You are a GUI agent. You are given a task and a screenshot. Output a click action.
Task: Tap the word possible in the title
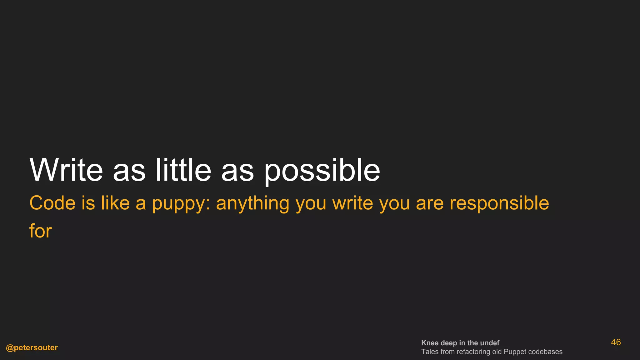pos(322,170)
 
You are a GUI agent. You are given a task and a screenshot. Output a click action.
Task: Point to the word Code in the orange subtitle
pos(52,203)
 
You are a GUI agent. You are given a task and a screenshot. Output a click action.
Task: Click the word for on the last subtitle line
pos(41,231)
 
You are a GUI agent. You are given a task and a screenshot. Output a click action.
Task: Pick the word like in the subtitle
pos(115,203)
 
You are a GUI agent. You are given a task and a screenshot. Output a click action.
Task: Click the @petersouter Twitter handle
pos(32,347)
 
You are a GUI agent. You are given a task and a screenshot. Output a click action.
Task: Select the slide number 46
pos(616,342)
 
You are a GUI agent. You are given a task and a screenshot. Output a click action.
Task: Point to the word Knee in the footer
pos(430,343)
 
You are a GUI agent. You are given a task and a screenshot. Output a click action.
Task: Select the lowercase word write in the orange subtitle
pos(353,203)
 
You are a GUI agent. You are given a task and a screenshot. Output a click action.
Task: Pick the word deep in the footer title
pos(449,343)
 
